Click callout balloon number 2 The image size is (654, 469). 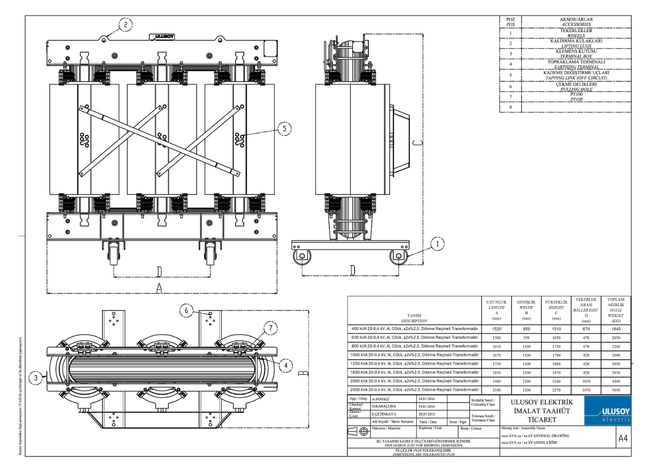(125, 25)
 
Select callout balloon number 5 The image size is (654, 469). (285, 129)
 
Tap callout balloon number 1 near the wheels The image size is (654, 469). (437, 244)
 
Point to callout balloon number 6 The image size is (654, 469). (187, 310)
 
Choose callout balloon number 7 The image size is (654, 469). (271, 328)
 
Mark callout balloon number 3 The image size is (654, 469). (36, 378)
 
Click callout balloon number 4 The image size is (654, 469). (286, 366)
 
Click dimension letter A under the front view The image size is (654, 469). (159, 287)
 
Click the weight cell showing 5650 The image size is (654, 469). (616, 390)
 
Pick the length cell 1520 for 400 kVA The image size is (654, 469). (496, 329)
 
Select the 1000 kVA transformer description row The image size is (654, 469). (414, 355)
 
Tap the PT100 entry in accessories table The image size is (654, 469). (576, 97)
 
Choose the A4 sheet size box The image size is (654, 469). (623, 439)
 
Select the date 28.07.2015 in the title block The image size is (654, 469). (427, 414)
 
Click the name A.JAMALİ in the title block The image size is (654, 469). (381, 399)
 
